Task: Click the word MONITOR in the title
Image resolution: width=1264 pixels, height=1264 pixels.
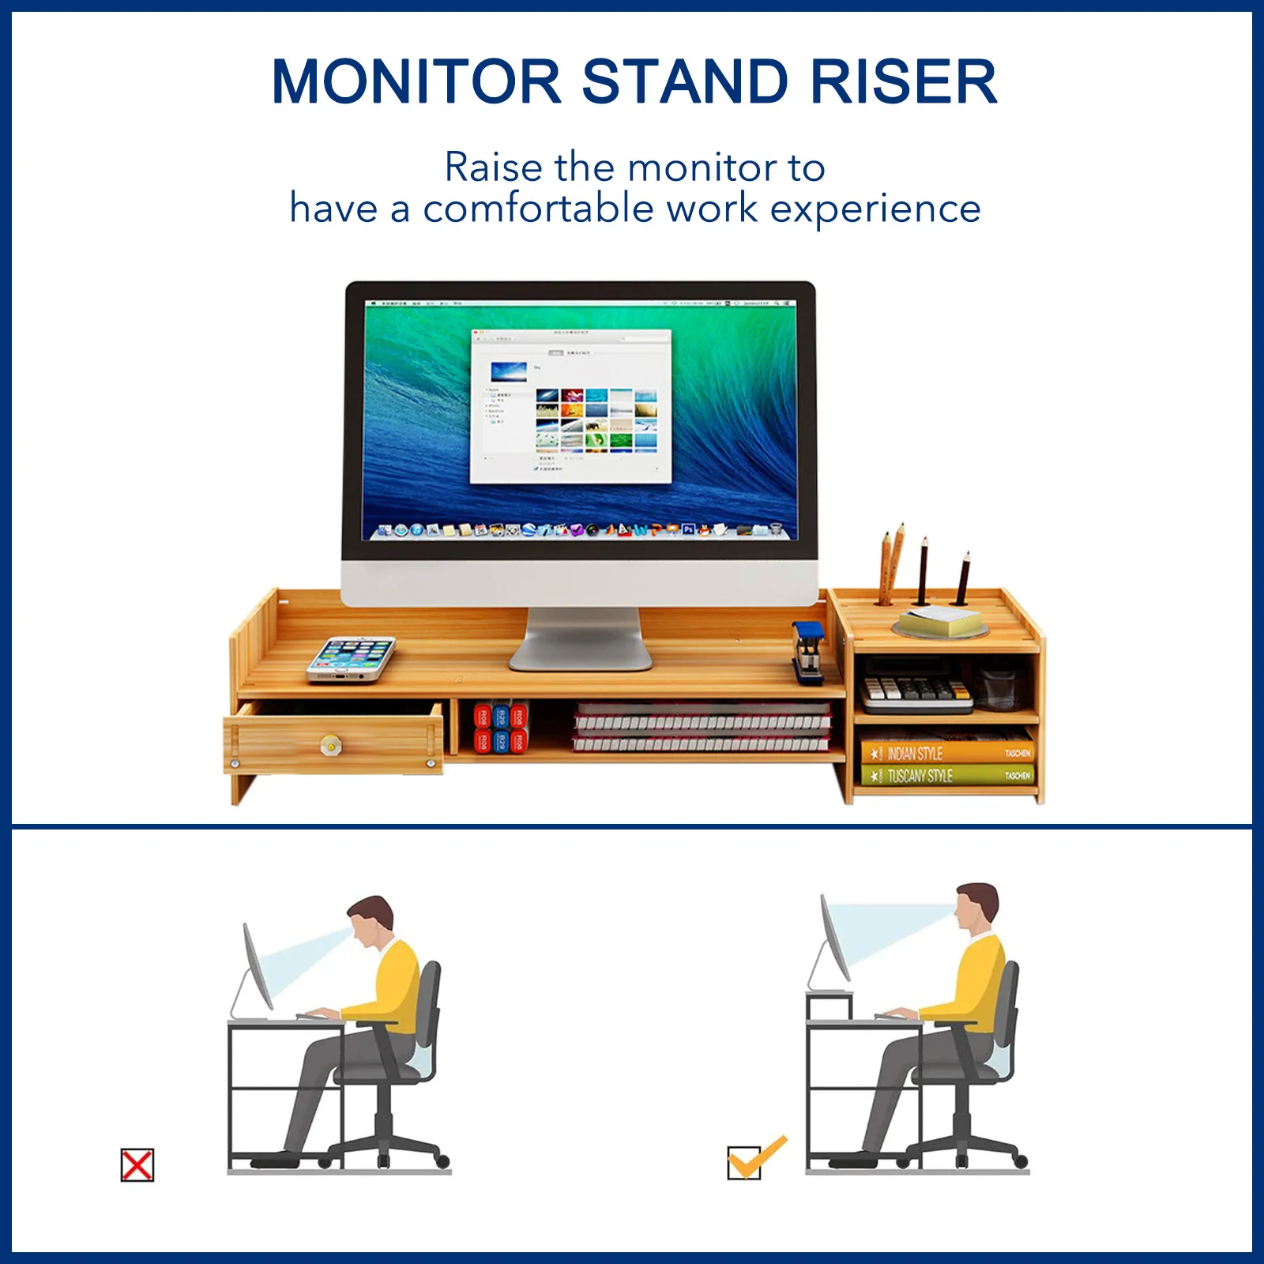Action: pos(416,81)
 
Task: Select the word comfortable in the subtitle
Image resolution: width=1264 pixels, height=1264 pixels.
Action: pos(538,209)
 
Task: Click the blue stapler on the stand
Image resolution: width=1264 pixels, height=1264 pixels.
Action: pos(808,651)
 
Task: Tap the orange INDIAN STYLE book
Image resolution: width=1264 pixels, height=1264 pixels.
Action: pos(946,753)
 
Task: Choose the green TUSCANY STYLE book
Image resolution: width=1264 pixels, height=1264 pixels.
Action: pos(946,776)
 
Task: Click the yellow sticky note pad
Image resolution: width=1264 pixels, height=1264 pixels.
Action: pos(940,622)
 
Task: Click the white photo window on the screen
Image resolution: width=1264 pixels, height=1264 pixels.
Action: pos(570,405)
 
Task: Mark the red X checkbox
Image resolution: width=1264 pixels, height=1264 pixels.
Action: pos(137,1165)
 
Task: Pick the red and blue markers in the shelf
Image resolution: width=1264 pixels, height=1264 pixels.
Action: pos(500,728)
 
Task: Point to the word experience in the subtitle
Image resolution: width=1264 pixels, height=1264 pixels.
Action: pos(875,209)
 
